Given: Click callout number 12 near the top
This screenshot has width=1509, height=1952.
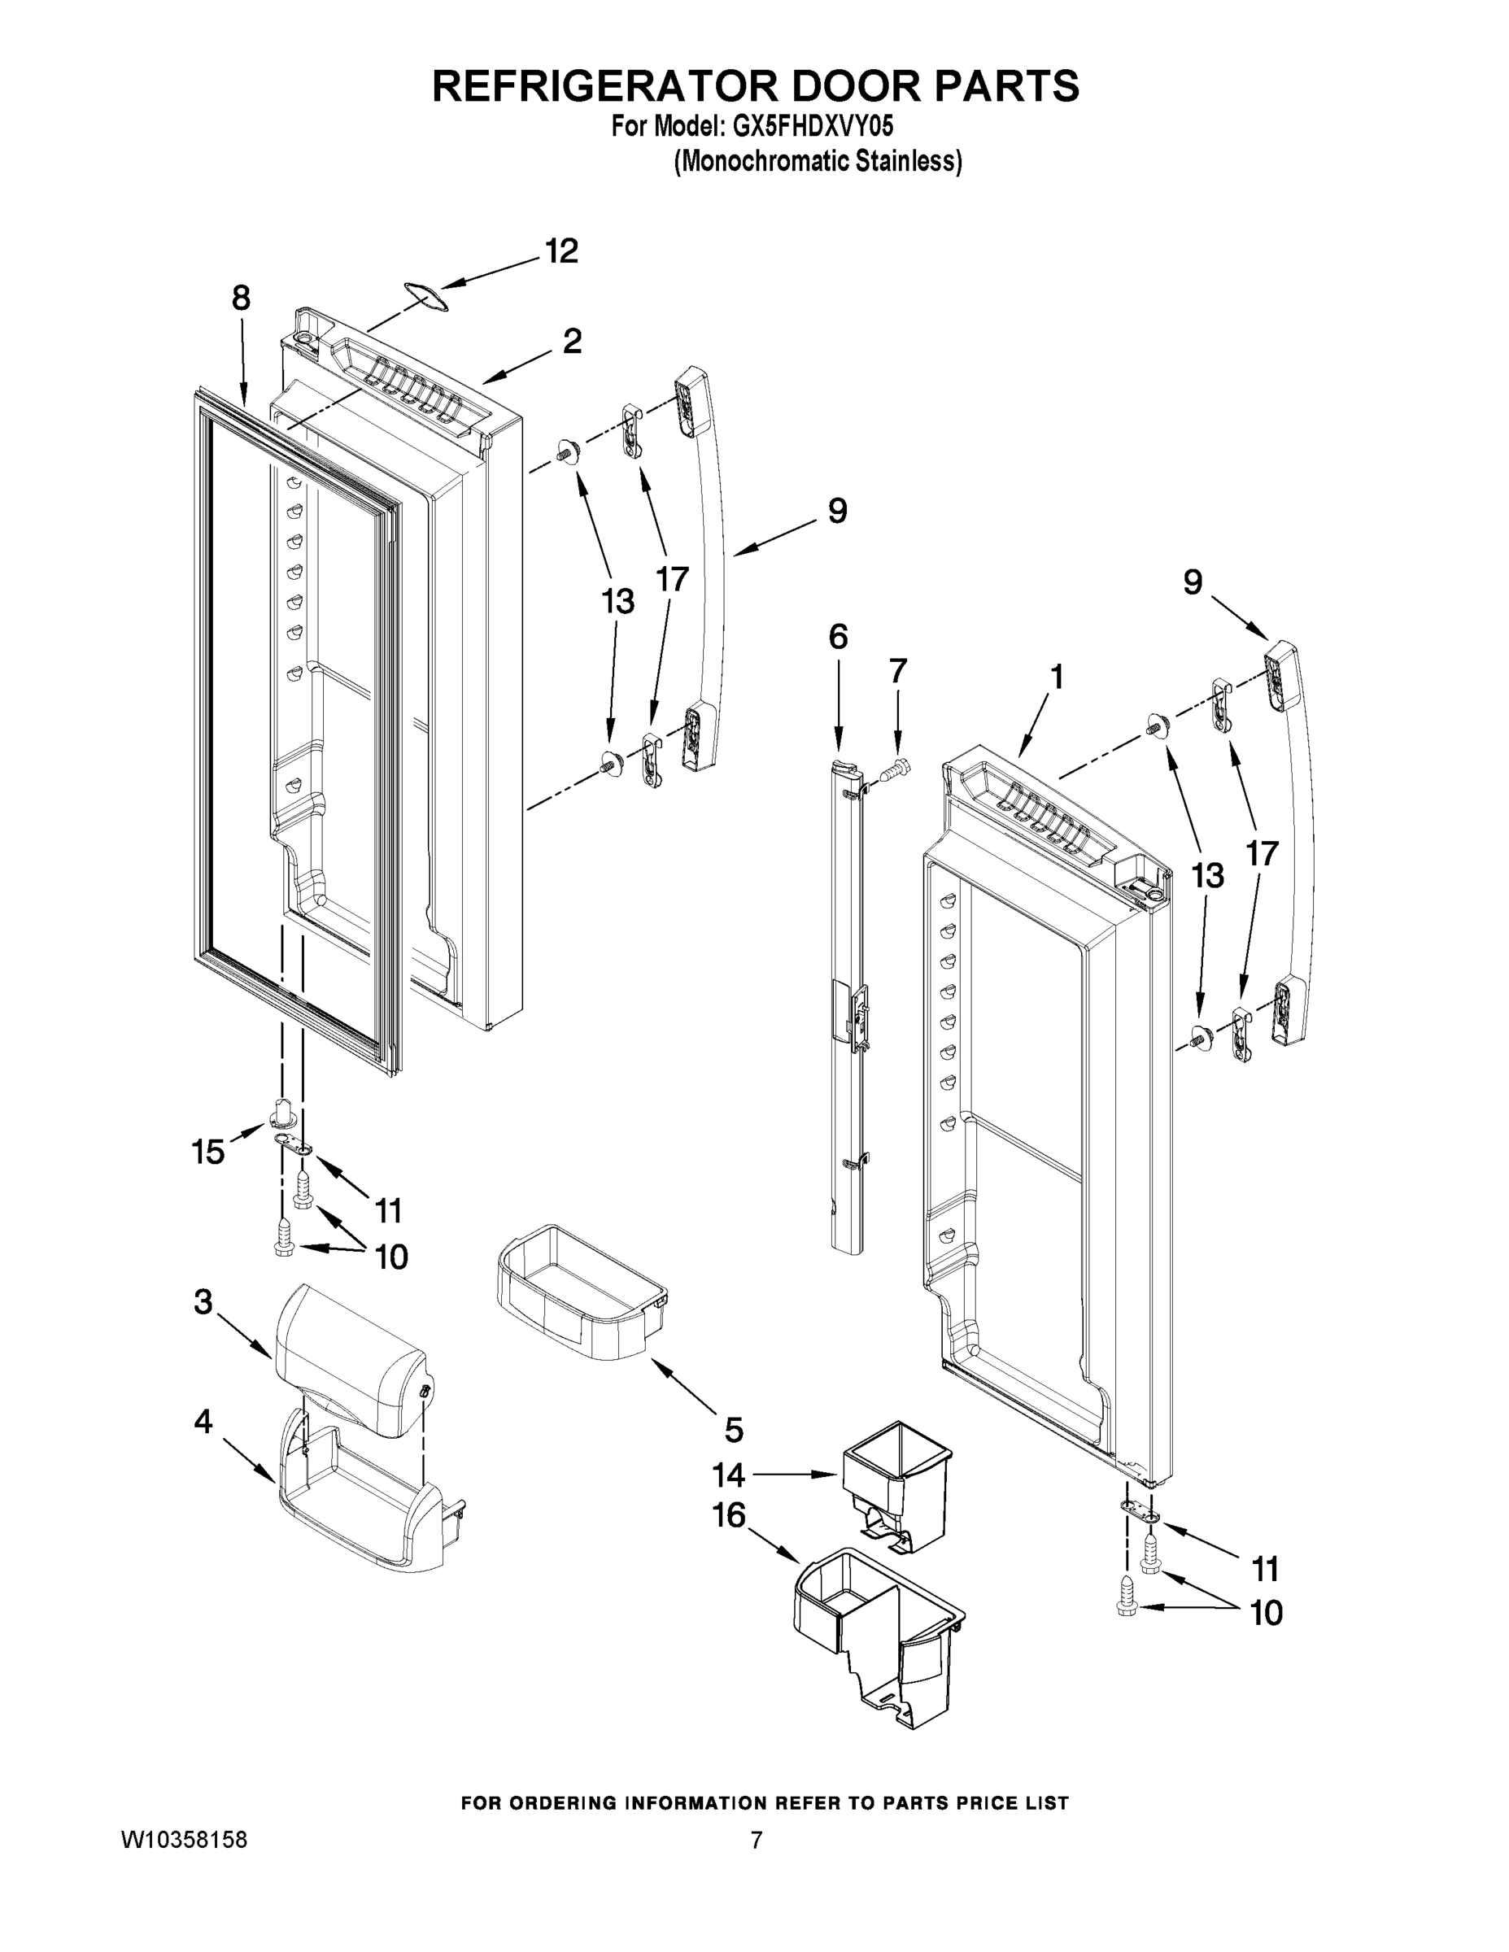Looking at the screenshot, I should [x=561, y=252].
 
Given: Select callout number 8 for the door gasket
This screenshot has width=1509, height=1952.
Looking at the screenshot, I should [x=241, y=298].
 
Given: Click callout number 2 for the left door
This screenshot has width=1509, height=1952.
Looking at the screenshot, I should [x=572, y=341].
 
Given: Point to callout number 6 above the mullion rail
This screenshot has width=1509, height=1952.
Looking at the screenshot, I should [x=838, y=638].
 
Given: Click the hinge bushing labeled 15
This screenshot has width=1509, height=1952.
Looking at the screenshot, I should [x=282, y=1113].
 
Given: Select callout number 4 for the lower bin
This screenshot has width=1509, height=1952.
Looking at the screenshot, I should [x=204, y=1421].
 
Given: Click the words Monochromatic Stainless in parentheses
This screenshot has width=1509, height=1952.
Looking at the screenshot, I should [x=818, y=161].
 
